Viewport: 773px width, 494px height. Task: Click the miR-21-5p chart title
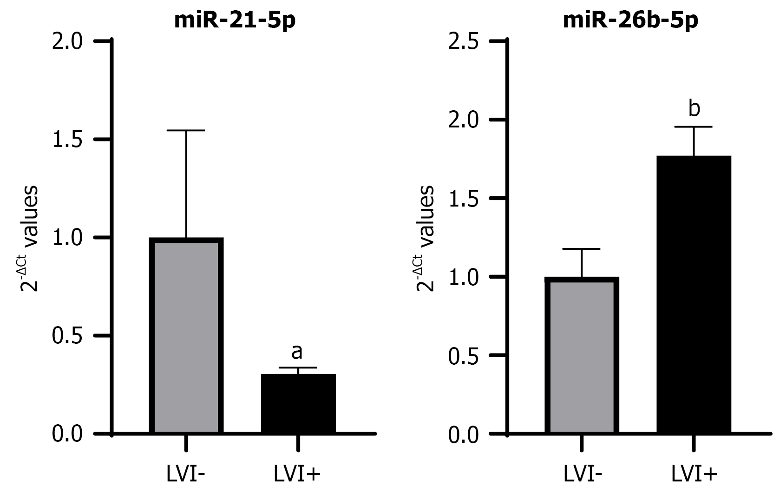tap(235, 21)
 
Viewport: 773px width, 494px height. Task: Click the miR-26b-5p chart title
tap(630, 21)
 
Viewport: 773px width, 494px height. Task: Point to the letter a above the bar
tap(297, 352)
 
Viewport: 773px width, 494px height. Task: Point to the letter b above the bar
tap(694, 108)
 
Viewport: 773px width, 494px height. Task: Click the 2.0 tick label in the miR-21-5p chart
tap(67, 41)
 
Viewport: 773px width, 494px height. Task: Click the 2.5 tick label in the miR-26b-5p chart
tap(464, 41)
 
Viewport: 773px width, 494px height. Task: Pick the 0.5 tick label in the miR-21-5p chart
tap(67, 336)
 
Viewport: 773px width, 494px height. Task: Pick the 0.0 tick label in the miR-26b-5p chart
tap(464, 434)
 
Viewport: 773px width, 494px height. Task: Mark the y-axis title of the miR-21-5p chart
tap(29, 238)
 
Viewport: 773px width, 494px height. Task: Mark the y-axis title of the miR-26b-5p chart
tap(425, 238)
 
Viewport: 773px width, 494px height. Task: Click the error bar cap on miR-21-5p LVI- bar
tap(186, 131)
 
